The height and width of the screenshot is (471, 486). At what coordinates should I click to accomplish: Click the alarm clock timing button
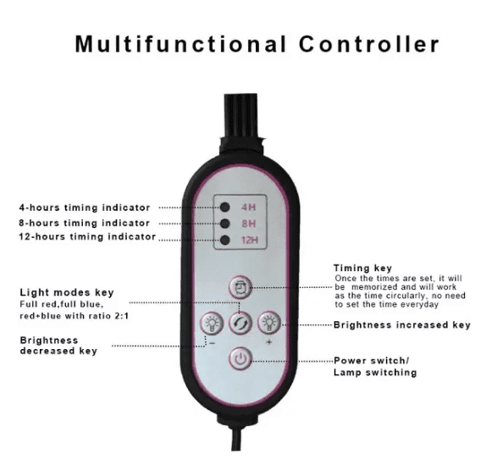point(240,287)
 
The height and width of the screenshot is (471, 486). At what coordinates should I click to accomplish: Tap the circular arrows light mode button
point(240,323)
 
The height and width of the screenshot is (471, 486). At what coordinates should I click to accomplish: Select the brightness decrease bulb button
point(213,323)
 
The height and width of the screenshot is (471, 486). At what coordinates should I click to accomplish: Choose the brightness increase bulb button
point(269,323)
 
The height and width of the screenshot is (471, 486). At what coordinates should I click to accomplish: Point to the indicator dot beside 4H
point(224,208)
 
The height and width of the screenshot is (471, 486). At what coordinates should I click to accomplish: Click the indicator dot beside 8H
point(224,224)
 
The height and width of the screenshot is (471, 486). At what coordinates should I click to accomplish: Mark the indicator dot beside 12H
point(224,240)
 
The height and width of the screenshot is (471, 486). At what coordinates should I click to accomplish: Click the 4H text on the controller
point(249,207)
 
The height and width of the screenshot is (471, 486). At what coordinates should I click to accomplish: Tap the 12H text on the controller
point(250,240)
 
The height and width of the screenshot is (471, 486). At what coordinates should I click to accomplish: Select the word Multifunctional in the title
point(180,44)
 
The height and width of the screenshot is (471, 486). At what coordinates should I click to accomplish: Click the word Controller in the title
point(369,44)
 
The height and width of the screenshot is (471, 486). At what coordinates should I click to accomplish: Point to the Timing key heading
point(362,269)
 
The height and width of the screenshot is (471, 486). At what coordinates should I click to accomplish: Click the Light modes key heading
point(67,292)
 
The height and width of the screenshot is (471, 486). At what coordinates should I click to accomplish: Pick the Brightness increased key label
point(402,325)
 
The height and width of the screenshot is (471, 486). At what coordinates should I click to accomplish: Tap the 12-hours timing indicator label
point(87,236)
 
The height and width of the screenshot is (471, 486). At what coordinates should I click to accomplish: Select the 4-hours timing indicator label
point(85,208)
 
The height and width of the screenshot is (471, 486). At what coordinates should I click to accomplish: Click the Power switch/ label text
point(372,361)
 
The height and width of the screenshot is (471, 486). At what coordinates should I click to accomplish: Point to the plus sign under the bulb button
point(269,342)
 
